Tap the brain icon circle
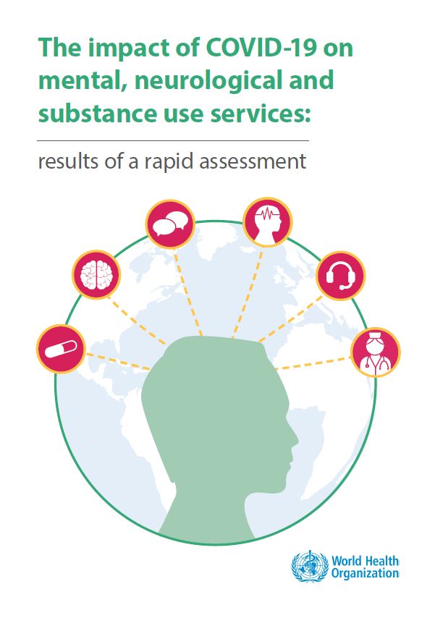96,274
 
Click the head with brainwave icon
266,220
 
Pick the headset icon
341,275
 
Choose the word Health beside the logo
381,560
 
